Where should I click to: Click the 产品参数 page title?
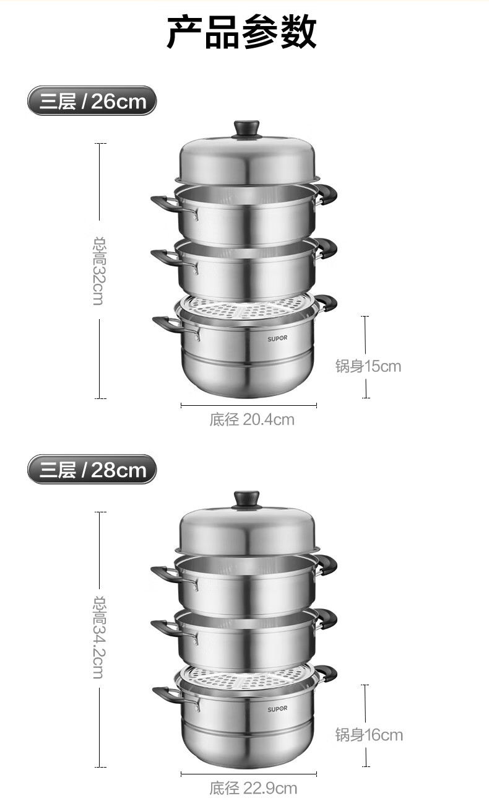click(241, 32)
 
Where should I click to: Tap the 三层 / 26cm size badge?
click(92, 100)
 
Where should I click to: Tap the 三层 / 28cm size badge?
click(92, 470)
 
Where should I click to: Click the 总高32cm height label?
click(99, 271)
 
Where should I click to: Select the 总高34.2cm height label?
click(99, 638)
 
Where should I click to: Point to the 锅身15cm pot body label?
click(368, 366)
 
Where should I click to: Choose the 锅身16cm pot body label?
click(369, 735)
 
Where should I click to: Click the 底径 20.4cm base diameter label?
click(252, 419)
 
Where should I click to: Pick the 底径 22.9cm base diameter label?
click(253, 788)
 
